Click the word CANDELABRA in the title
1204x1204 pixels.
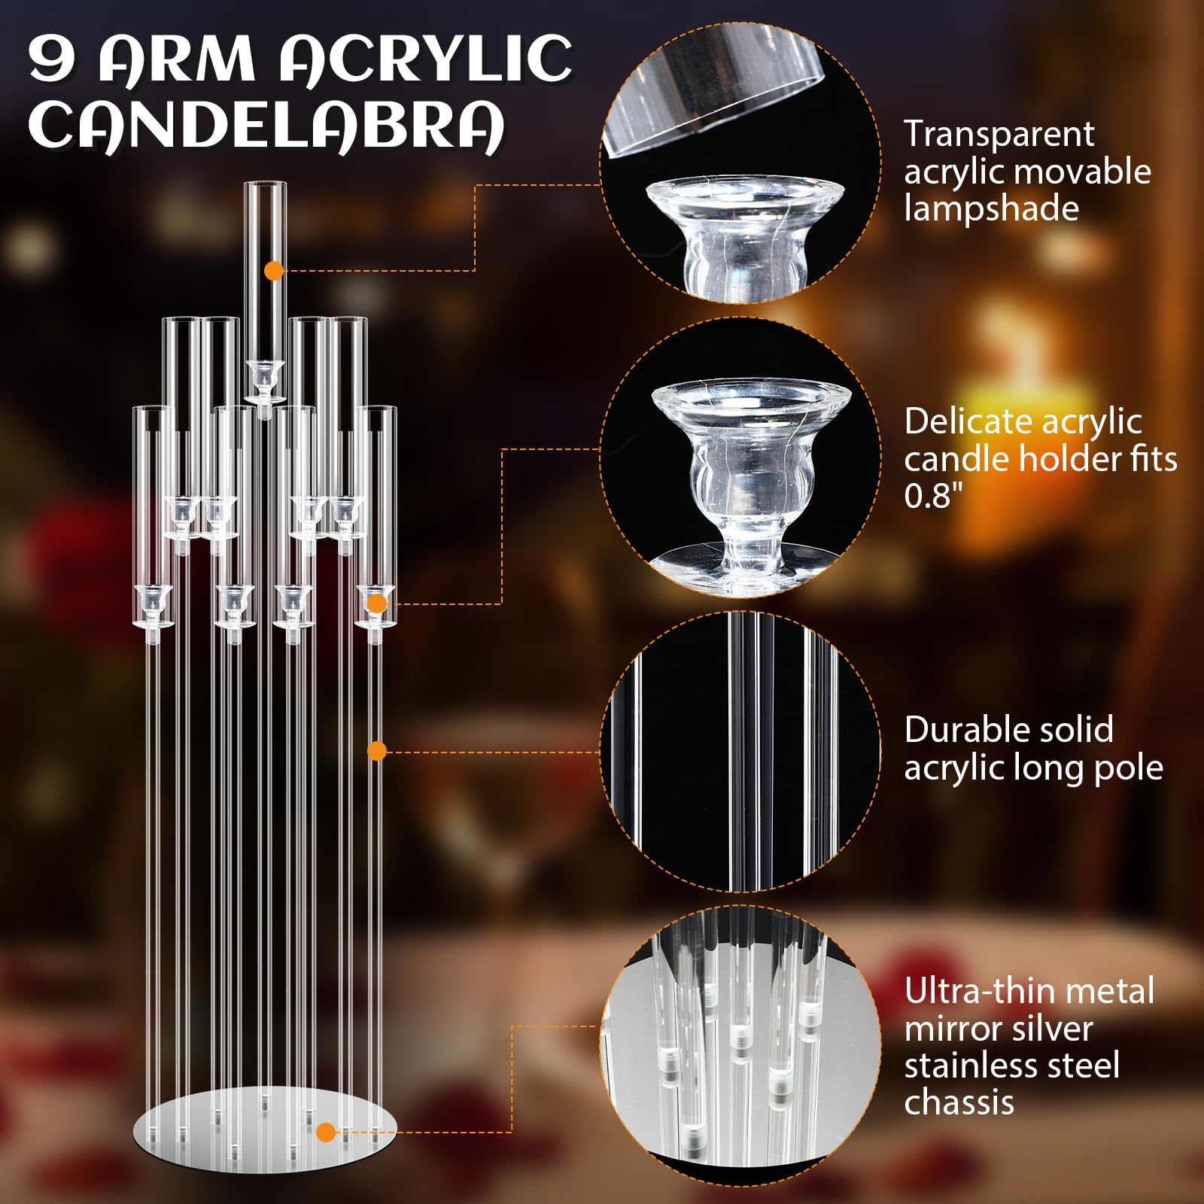pos(267,126)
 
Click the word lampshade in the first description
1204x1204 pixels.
pos(991,208)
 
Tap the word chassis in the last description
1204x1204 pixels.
pos(959,1102)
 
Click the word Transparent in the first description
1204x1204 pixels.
pos(999,134)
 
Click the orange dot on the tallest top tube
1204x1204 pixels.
pos(275,271)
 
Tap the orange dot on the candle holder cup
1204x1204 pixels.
pos(378,604)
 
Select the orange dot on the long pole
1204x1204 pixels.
pos(378,751)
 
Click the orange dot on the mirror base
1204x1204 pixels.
pos(326,1132)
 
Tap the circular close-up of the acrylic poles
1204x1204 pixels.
pos(740,751)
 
